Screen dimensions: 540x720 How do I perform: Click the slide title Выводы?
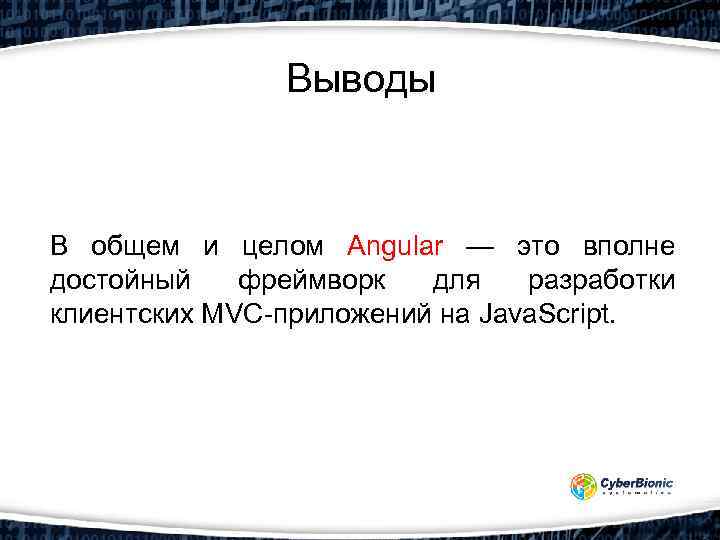(x=361, y=79)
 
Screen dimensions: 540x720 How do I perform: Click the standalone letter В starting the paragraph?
(x=59, y=246)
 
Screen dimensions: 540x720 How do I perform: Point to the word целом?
(x=283, y=246)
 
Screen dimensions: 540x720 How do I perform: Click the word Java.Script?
(x=550, y=317)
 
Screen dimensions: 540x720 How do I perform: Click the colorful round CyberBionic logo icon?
(x=584, y=487)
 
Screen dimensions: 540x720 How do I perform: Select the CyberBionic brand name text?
(x=637, y=483)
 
